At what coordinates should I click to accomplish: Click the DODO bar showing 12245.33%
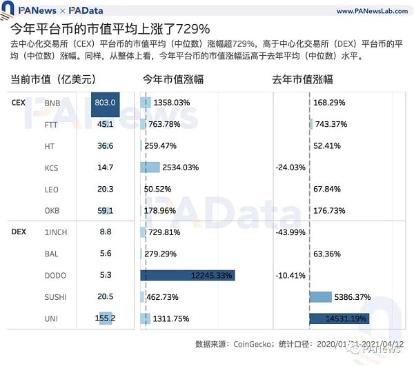pos(188,276)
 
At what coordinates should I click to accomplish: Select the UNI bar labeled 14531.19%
pos(339,318)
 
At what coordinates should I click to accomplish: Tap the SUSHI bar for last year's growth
pos(321,297)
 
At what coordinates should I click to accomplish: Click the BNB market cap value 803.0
pos(106,103)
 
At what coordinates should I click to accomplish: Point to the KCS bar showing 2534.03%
pos(150,167)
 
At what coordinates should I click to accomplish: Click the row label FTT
pos(52,125)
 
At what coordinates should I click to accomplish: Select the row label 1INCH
pos(56,232)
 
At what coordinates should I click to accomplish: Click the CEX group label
pos(19,103)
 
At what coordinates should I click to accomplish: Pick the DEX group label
pos(19,232)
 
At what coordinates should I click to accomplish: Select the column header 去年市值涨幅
pos(303,79)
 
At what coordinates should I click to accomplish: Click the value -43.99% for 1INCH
pos(290,232)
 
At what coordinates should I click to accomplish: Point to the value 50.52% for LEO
pos(157,189)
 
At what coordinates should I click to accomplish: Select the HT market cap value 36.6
pos(106,146)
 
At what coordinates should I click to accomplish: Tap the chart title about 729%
pos(110,30)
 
